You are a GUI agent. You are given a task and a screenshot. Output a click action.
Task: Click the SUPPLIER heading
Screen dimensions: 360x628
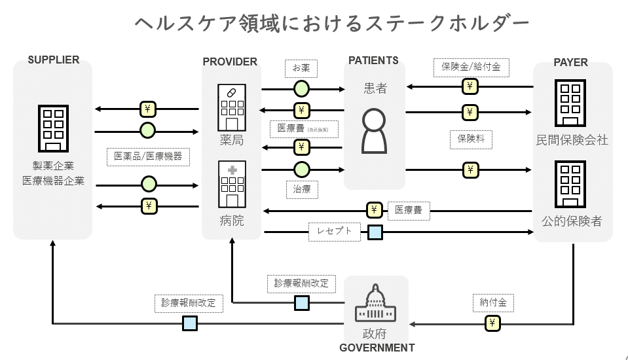[x=54, y=60]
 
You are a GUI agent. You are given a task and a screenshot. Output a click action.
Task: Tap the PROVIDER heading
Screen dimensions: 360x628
[x=230, y=62]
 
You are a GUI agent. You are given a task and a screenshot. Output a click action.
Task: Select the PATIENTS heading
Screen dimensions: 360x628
[x=373, y=60]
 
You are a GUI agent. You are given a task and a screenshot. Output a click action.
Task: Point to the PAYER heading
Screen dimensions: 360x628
[x=571, y=62]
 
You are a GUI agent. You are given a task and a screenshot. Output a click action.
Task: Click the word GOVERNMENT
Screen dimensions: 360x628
[x=377, y=348]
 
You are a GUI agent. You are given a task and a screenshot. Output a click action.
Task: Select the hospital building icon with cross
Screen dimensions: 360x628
[x=232, y=184]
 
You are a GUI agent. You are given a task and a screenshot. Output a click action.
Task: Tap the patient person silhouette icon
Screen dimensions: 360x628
[x=375, y=130]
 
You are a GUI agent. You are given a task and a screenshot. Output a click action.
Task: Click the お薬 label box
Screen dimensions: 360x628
[x=301, y=67]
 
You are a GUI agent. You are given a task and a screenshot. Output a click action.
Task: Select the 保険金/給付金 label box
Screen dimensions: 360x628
[x=471, y=67]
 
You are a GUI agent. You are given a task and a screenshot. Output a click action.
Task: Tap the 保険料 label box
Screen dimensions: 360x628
[x=471, y=139]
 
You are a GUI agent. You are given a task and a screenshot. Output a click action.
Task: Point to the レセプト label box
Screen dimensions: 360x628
[x=334, y=230]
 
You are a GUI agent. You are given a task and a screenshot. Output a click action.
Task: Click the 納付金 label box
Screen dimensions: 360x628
[x=492, y=303]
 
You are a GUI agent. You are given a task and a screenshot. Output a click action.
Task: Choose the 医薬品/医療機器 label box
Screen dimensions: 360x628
[x=148, y=156]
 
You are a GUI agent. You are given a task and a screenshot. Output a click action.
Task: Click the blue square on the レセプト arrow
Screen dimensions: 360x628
[x=375, y=232]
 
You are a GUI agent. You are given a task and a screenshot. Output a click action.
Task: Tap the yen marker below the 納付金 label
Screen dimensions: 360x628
[x=492, y=323]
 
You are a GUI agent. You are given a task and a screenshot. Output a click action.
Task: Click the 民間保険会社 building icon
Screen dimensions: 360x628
[x=571, y=104]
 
